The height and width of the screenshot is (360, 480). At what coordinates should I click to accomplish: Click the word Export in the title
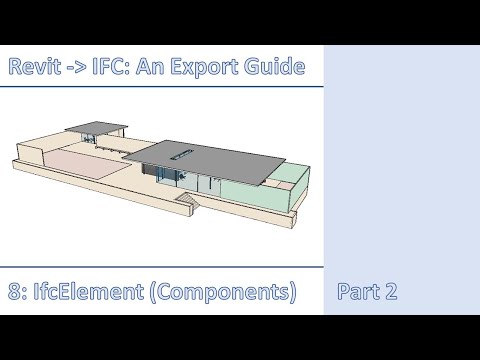[197, 68]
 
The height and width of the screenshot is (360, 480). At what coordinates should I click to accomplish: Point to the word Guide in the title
[273, 68]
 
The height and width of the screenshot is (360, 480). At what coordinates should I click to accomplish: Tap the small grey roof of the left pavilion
[95, 130]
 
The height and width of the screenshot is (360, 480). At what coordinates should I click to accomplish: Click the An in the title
[148, 68]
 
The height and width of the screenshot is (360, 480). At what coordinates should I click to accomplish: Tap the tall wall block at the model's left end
[28, 155]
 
